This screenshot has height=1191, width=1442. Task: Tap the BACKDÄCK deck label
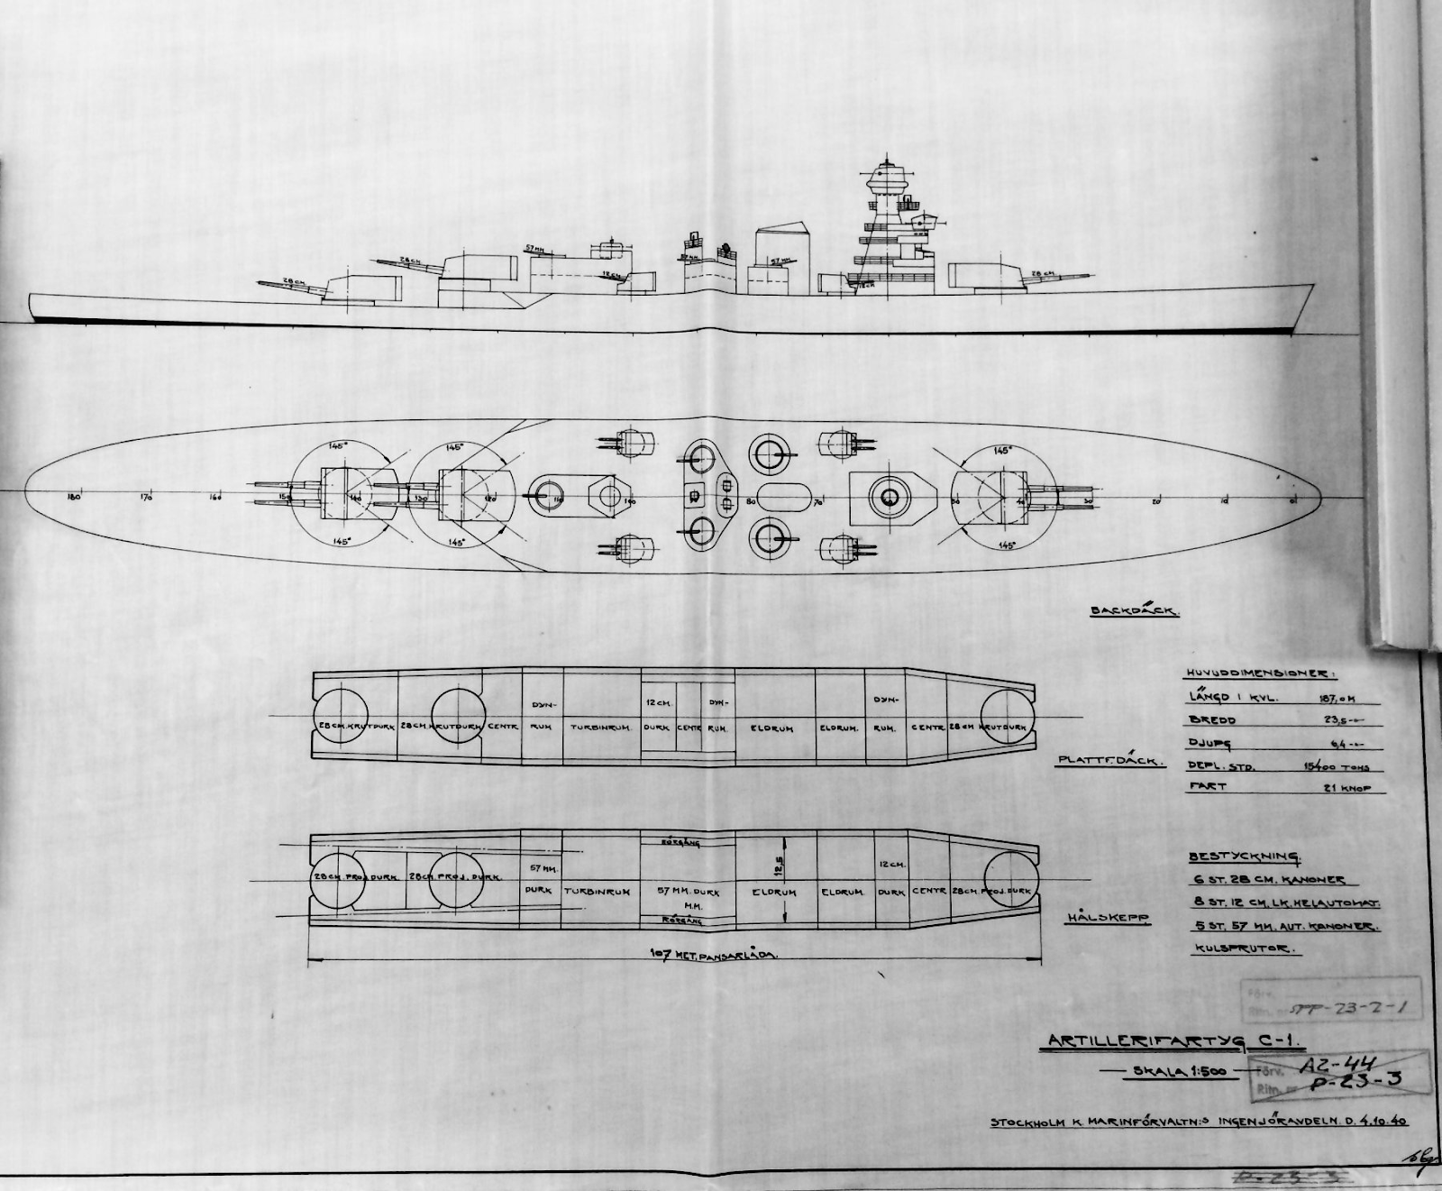tap(1135, 610)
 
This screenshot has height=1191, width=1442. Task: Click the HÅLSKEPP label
tap(1108, 917)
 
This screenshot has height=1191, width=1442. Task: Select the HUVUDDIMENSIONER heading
tap(1255, 673)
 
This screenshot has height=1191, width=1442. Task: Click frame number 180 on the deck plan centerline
tap(74, 497)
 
